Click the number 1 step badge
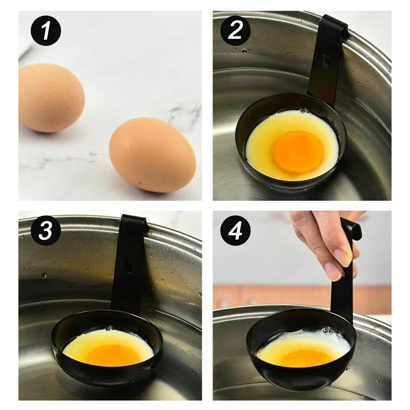[x=45, y=31]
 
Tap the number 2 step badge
[x=236, y=31]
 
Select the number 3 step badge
[x=45, y=231]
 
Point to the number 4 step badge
[x=236, y=231]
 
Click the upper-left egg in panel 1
[x=51, y=97]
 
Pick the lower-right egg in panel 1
[x=152, y=155]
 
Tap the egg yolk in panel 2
[x=298, y=152]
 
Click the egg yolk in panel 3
[x=113, y=355]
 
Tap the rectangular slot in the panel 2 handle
[x=326, y=62]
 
